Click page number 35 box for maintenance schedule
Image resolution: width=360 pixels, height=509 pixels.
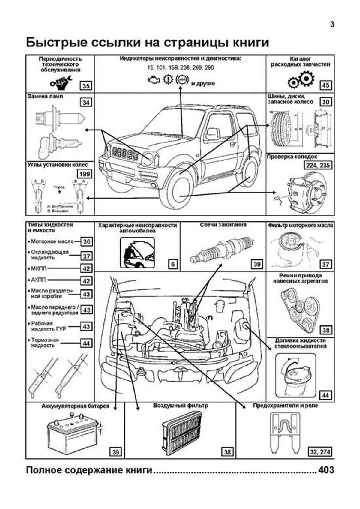[x=86, y=86]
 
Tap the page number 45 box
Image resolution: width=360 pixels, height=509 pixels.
[x=325, y=85]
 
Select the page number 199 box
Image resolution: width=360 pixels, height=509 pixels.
[x=85, y=174]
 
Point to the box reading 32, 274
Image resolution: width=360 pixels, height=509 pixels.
[x=320, y=452]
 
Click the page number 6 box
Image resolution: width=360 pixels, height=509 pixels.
[x=173, y=264]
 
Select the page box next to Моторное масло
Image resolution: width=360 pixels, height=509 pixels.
[x=86, y=241]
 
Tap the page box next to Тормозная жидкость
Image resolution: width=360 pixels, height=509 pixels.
[x=86, y=343]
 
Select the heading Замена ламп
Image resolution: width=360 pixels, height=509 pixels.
[x=45, y=97]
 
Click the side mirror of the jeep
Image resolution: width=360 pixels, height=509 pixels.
[x=212, y=133]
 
